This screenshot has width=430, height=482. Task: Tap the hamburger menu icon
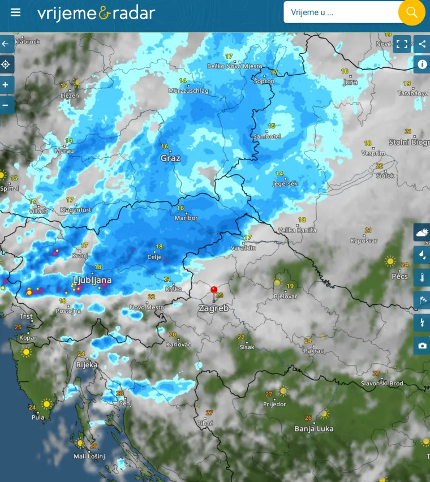coord(16,12)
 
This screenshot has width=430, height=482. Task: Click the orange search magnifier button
coord(411,12)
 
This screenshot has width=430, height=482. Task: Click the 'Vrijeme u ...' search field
coord(339,12)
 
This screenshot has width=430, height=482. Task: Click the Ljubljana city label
coord(92,280)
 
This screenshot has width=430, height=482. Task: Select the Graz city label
coord(170,158)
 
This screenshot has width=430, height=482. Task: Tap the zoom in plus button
coord(6,85)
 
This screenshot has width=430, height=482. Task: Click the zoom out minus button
coord(6,105)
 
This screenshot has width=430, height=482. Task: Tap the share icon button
coord(422,44)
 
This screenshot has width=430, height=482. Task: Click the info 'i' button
coord(422,64)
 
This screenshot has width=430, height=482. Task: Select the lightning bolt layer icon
coord(422,322)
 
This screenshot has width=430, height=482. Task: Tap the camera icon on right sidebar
coord(422,345)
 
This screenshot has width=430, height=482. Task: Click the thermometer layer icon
coord(422,277)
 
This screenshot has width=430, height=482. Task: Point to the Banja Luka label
coord(314,428)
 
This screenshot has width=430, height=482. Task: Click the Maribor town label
coord(186,218)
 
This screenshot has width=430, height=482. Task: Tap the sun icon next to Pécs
coord(390,261)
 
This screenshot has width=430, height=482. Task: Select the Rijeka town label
coord(87,365)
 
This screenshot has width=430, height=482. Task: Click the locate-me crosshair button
coord(6,64)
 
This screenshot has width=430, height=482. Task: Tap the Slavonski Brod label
coord(382,384)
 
